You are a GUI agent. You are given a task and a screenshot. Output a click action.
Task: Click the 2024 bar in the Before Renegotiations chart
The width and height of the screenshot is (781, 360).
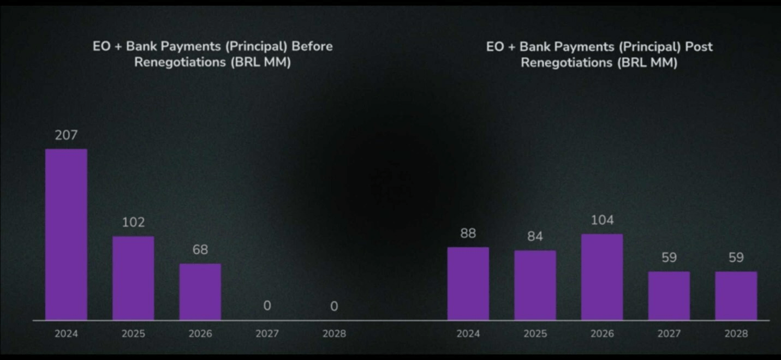(x=66, y=234)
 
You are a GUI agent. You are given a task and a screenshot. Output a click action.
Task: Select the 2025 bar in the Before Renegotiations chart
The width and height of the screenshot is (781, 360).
(x=133, y=278)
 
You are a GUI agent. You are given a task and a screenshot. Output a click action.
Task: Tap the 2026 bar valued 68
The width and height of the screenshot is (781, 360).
(x=200, y=291)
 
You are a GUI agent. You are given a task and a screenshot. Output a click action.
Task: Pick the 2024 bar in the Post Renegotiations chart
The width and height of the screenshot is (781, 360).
(x=468, y=283)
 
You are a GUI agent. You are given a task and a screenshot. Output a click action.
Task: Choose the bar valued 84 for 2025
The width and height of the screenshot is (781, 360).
(x=535, y=285)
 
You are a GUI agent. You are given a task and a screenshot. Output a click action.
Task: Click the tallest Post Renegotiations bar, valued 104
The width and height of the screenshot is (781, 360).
(x=601, y=277)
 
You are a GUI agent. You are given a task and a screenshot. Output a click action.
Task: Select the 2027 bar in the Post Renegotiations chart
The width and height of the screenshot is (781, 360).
(x=669, y=295)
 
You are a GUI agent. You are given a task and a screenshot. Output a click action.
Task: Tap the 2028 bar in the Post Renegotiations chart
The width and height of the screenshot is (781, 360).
(x=736, y=295)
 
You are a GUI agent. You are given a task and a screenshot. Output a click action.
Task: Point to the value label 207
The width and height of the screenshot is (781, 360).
(x=66, y=135)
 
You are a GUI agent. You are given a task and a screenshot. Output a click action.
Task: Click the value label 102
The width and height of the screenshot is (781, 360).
(x=133, y=223)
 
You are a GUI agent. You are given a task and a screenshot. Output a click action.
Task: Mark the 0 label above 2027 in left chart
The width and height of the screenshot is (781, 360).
(x=267, y=306)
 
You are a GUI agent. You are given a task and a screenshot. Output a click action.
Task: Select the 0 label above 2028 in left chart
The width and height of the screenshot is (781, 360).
(x=334, y=307)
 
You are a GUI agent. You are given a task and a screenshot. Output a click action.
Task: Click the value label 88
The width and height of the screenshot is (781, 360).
(x=468, y=233)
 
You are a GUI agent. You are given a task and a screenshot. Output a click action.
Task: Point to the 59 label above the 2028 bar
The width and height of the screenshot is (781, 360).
(x=736, y=257)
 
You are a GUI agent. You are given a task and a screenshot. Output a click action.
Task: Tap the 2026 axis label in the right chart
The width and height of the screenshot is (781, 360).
(x=601, y=334)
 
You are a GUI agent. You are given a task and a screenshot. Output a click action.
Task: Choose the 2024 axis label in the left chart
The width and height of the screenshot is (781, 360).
(x=66, y=334)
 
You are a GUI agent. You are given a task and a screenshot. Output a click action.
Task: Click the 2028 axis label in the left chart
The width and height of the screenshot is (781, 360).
(x=334, y=334)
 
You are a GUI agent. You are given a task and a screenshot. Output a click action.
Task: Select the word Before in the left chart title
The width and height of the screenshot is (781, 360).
(x=312, y=46)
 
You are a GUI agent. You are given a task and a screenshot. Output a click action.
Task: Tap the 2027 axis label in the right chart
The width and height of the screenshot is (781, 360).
(x=669, y=334)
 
